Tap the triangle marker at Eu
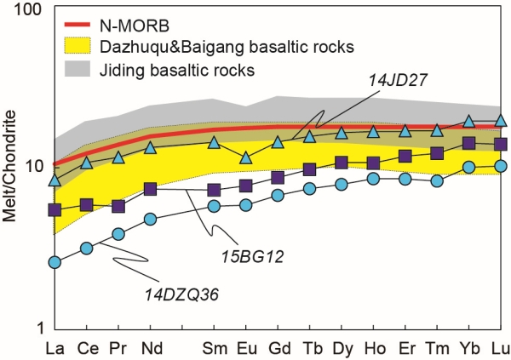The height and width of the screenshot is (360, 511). [x=245, y=157]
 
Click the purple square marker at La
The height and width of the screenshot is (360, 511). [x=55, y=209]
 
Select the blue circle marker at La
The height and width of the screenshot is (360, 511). [x=55, y=262]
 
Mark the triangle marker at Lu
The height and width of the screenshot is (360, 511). [x=501, y=122]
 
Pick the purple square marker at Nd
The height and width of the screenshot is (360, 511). [x=150, y=189]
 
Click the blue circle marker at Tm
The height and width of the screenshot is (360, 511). [x=437, y=180]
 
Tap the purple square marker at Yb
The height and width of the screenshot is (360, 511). [x=468, y=143]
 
